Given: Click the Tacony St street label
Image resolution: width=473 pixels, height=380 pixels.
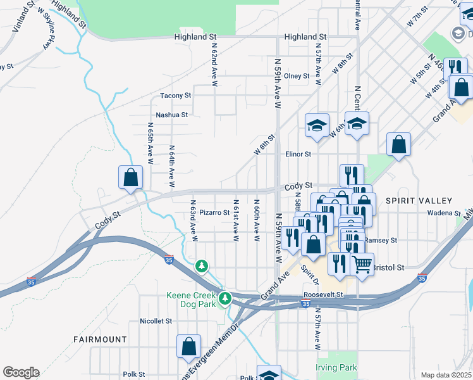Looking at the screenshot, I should (x=175, y=96).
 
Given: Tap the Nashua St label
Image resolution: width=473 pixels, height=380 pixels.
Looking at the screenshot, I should (x=172, y=115).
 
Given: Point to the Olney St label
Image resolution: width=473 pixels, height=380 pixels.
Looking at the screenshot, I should (x=297, y=76).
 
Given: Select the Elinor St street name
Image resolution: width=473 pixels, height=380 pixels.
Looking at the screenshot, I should (x=298, y=154).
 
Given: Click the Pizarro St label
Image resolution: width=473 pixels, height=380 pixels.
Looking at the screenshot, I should (x=214, y=213).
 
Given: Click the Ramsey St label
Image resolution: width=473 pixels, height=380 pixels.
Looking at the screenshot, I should (x=384, y=241).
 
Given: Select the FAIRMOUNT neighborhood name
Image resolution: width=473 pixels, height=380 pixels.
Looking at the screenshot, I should (x=100, y=339).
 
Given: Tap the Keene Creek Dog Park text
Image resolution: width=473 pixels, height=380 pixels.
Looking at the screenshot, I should (x=191, y=300).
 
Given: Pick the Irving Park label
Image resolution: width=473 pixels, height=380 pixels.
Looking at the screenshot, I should (x=336, y=367).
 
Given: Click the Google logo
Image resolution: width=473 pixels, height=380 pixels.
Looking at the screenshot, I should (x=21, y=372).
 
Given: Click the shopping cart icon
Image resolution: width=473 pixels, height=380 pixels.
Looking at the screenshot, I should (x=362, y=265).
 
